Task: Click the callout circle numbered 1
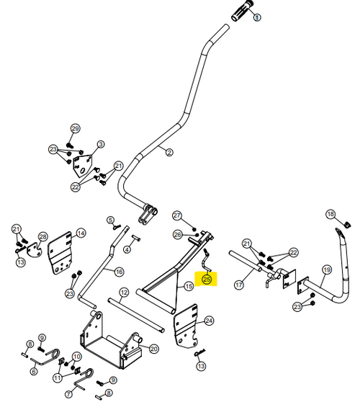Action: [257, 17]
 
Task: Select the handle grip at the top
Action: [242, 11]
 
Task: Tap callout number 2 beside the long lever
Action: [169, 153]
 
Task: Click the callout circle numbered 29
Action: [76, 129]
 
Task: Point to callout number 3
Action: [101, 145]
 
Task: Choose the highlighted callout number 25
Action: [207, 280]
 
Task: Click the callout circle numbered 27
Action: [177, 215]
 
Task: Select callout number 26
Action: [178, 234]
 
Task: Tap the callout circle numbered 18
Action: [330, 214]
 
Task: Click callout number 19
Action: [327, 269]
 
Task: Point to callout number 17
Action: [239, 285]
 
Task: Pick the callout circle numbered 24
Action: [209, 321]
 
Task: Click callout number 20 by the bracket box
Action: [153, 349]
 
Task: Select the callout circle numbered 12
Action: [124, 293]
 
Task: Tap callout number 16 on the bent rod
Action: [120, 272]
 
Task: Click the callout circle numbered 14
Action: [81, 233]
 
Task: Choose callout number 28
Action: [43, 236]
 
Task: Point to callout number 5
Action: [111, 220]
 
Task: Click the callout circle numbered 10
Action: [77, 357]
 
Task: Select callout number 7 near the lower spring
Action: [69, 394]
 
